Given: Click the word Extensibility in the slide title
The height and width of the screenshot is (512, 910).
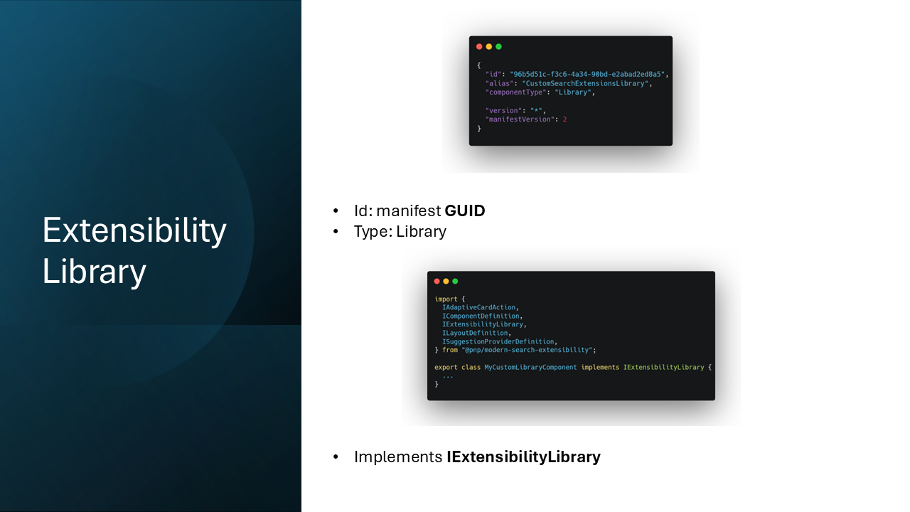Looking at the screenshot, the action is click(134, 230).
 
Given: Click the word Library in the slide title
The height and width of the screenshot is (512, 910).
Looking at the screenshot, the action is click(94, 271).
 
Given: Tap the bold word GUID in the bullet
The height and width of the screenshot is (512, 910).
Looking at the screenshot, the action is click(465, 211).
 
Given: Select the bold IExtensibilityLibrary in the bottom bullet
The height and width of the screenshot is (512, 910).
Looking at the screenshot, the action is click(524, 457).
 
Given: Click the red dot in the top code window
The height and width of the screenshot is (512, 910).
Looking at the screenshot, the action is click(479, 47).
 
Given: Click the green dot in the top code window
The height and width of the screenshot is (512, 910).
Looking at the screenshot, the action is click(499, 47).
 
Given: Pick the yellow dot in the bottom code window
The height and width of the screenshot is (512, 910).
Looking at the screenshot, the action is click(446, 281).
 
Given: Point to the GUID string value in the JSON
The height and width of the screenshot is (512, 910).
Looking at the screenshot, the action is click(587, 75).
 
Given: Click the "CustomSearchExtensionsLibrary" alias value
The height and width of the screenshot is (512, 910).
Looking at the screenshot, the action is click(585, 83).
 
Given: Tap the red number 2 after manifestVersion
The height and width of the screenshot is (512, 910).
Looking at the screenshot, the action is click(564, 119).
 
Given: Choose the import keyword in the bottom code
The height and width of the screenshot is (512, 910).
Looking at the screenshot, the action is click(446, 299).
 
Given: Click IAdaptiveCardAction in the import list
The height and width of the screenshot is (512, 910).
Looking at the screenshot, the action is click(479, 307).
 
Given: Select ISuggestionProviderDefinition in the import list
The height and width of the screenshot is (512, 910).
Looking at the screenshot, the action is click(498, 341).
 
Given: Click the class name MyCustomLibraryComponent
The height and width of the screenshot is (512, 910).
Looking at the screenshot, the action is click(530, 368).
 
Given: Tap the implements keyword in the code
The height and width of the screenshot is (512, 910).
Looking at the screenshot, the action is click(600, 368).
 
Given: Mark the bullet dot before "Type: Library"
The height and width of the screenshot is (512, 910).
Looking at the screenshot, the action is click(336, 232).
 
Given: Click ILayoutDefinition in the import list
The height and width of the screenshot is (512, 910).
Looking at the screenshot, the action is click(475, 333).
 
